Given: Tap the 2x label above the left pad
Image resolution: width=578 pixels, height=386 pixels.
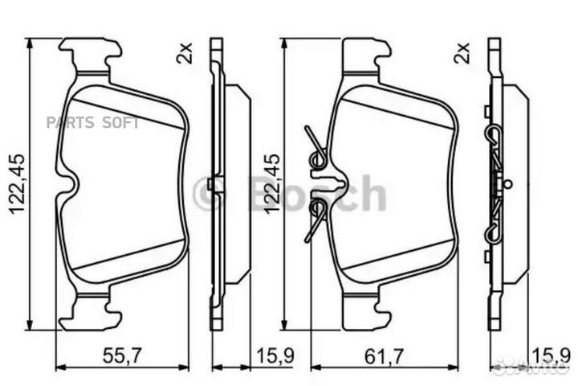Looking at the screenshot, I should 184,54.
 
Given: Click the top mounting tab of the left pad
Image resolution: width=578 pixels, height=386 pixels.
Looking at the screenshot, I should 90,55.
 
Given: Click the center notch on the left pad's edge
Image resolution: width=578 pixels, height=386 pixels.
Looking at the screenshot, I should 71,184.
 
